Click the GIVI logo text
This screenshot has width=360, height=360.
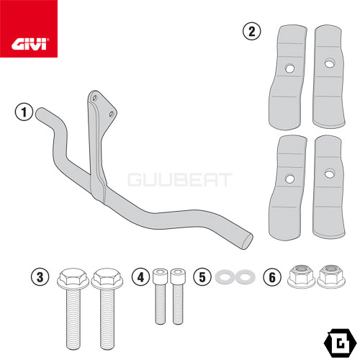click(x=29, y=45)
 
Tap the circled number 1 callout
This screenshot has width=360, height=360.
click(x=24, y=112)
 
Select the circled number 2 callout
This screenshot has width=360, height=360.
click(x=251, y=32)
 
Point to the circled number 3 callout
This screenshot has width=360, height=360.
click(x=40, y=277)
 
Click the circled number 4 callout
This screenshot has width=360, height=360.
click(x=140, y=277)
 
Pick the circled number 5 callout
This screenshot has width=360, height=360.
click(x=202, y=277)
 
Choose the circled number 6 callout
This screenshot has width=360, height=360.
click(x=272, y=277)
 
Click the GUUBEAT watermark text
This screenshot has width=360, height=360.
click(x=180, y=180)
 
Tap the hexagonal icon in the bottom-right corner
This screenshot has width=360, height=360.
click(x=340, y=343)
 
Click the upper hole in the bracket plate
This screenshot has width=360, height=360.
click(x=94, y=98)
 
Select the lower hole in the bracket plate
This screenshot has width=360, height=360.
click(x=112, y=114)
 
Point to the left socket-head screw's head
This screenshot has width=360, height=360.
click(x=160, y=276)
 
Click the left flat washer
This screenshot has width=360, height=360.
click(x=225, y=276)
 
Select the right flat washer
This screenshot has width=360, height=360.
click(x=245, y=276)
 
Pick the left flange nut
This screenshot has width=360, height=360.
click(x=301, y=276)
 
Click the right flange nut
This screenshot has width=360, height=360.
click(x=331, y=276)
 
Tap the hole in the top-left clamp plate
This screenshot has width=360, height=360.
click(x=289, y=68)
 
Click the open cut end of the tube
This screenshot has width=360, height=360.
click(x=247, y=241)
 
